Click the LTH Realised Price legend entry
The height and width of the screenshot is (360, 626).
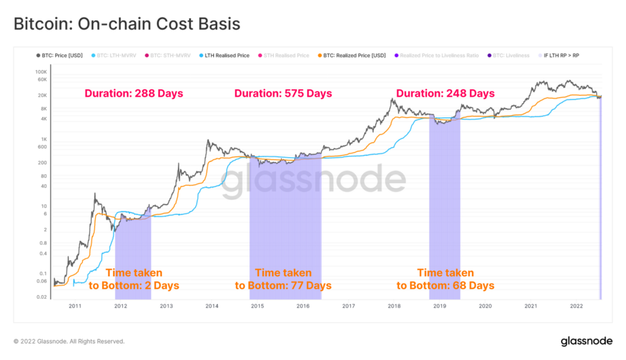tap(227, 56)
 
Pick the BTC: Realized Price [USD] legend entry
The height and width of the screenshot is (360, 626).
tap(354, 56)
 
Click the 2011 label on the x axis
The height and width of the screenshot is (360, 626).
tap(75, 306)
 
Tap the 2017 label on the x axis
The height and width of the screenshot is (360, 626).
tap(348, 306)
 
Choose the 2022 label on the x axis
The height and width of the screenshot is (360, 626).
tap(576, 306)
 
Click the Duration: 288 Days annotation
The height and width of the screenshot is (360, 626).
tap(133, 94)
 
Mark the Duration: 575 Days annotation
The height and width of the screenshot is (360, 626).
tap(283, 94)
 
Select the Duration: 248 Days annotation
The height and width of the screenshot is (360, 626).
tap(445, 94)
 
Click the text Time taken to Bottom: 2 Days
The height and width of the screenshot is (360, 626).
tap(133, 279)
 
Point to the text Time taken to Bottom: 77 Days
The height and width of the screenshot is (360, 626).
tap(283, 279)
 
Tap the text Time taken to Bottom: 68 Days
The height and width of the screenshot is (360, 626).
tap(445, 279)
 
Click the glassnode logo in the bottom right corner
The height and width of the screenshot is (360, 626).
tap(587, 342)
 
